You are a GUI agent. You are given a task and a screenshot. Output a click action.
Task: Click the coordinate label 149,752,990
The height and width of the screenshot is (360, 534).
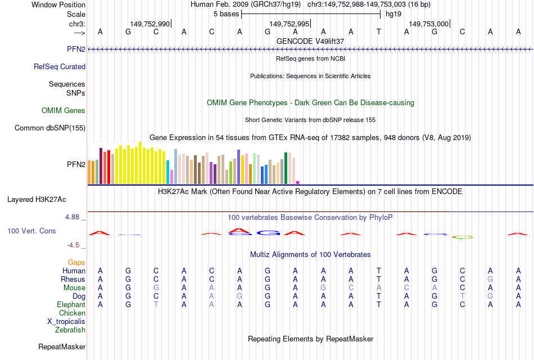tap(150, 24)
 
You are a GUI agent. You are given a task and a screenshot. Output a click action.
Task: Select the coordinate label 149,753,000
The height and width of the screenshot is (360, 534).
tap(429, 24)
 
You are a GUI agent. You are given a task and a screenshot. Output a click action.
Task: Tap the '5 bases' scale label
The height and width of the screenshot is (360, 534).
tap(227, 13)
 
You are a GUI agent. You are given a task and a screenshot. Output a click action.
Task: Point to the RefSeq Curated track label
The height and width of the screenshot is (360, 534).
tap(60, 66)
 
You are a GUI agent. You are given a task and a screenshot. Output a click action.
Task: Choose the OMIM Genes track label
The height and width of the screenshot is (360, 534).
tap(64, 110)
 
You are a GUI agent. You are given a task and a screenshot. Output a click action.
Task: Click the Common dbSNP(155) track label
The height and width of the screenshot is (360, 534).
tap(50, 128)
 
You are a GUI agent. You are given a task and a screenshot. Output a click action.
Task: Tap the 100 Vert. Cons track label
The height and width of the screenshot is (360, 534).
tap(31, 231)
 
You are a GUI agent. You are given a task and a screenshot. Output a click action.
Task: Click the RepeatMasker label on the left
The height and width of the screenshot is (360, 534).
tap(62, 346)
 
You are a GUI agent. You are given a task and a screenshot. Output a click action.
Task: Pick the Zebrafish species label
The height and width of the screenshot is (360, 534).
tap(70, 330)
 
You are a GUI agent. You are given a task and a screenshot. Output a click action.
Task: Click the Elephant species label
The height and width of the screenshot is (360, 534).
tap(71, 304)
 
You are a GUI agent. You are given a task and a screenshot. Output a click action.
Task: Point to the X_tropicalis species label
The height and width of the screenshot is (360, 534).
tap(66, 321)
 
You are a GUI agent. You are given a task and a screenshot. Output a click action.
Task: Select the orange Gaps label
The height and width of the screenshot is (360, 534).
tap(76, 262)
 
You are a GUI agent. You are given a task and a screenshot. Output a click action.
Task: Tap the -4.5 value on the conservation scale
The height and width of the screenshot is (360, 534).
tap(73, 245)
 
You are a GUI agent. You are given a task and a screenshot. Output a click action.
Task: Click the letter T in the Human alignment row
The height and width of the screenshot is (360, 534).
tap(379, 271)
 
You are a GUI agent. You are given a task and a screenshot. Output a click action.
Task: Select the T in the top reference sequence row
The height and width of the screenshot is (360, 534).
tap(379, 31)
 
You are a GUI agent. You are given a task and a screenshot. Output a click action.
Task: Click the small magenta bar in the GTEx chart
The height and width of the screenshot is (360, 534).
tap(297, 182)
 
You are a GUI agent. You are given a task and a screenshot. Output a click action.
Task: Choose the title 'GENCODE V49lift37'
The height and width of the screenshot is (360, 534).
tap(310, 41)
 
